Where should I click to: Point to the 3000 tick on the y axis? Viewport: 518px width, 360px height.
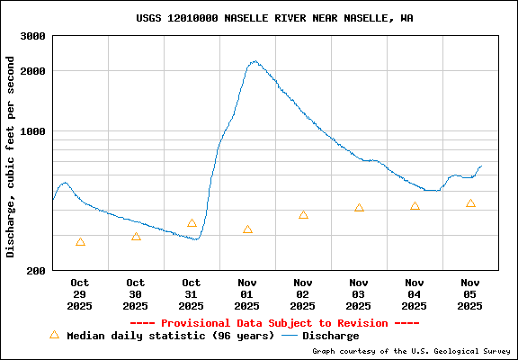point(33,37)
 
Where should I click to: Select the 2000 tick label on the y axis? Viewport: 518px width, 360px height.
point(33,71)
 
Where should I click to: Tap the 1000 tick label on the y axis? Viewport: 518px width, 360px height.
point(33,131)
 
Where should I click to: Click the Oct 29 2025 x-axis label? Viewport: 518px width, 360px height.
point(80,294)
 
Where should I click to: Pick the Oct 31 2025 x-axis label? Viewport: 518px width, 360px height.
point(192,294)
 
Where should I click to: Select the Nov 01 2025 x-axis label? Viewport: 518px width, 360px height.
point(247,294)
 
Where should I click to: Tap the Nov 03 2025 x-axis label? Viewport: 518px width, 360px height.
point(359,294)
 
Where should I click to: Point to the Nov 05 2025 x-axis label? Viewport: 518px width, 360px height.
point(470,294)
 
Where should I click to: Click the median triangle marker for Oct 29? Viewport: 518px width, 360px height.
point(81,242)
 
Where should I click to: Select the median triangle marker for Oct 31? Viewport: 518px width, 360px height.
point(192,223)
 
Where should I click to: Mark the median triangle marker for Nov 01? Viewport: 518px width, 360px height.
point(247,230)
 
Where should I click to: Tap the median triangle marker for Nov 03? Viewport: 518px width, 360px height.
point(359,208)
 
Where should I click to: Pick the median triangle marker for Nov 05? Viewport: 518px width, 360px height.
point(470,203)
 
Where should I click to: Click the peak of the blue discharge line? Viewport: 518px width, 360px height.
point(255,62)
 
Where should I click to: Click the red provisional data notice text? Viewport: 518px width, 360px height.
point(275,323)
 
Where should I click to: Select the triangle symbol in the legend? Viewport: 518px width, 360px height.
point(54,335)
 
